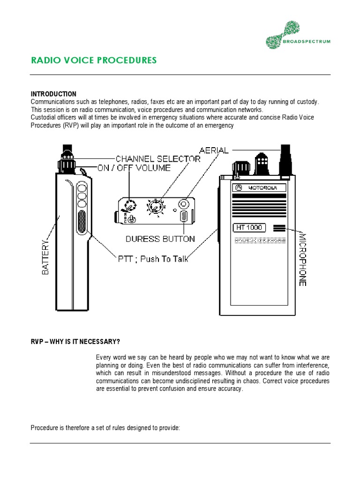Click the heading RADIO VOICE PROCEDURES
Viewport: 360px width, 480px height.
pyautogui.click(x=94, y=60)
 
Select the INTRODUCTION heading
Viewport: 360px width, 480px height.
pyautogui.click(x=53, y=94)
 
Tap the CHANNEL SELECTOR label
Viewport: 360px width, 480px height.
pyautogui.click(x=158, y=158)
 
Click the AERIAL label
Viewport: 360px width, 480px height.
pyautogui.click(x=214, y=150)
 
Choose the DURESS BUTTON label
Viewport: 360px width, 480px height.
pyautogui.click(x=160, y=239)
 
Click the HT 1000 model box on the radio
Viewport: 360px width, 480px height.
pyautogui.click(x=249, y=228)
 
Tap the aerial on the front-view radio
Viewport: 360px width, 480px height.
pyautogui.click(x=284, y=159)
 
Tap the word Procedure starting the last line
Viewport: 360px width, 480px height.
pyautogui.click(x=45, y=427)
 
